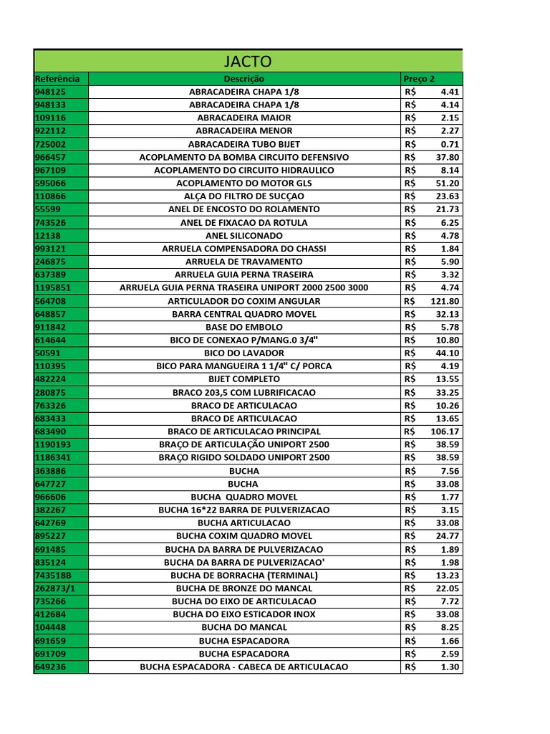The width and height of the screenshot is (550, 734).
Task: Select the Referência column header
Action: (57, 78)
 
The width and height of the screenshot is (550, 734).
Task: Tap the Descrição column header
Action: (243, 78)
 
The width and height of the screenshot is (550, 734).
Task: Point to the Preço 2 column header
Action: (419, 78)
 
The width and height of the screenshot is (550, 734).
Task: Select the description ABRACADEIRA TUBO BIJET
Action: (243, 144)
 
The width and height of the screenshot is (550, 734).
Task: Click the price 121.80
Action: (445, 301)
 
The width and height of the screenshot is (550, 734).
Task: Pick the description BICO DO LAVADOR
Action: (243, 353)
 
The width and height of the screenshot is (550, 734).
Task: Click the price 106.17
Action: (445, 432)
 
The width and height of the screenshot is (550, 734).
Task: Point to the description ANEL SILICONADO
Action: (243, 235)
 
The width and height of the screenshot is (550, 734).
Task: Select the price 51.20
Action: (448, 183)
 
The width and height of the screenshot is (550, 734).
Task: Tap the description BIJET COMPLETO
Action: (243, 379)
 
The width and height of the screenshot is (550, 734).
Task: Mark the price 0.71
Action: (450, 144)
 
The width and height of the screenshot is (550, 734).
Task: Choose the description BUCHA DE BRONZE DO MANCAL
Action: (243, 588)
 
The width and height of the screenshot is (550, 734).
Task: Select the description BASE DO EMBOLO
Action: (243, 327)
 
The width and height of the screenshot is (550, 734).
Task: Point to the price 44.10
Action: (448, 353)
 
